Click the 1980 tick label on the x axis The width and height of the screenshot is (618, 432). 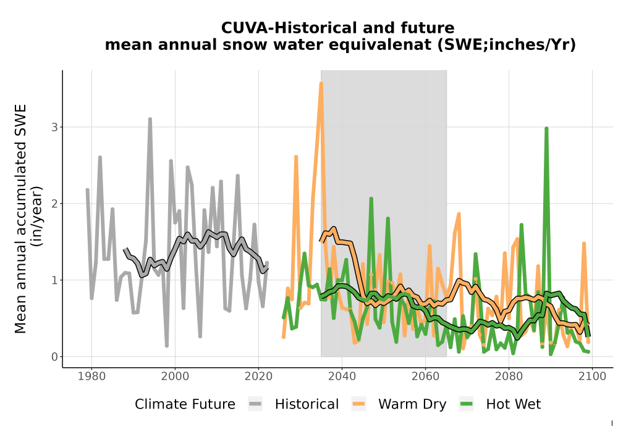[x=91, y=376]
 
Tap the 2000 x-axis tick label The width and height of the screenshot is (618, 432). [x=175, y=376]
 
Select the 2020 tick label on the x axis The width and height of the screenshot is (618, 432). [x=258, y=376]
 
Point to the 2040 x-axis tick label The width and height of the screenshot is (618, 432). [x=342, y=376]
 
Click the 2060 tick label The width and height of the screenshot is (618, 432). [x=425, y=376]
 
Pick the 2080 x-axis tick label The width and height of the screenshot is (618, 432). [x=509, y=376]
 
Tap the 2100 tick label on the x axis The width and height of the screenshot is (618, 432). [x=592, y=376]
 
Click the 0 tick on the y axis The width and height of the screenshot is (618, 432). [x=54, y=357]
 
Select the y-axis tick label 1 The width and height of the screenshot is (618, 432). [x=54, y=280]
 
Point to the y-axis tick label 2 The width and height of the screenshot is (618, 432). [x=54, y=204]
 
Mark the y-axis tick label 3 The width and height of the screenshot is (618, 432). [x=54, y=127]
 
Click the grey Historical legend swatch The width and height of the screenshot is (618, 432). [x=255, y=404]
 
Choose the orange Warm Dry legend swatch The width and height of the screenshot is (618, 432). [x=358, y=404]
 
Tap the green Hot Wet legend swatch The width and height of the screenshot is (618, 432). [x=466, y=404]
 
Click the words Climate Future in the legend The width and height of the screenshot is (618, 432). [x=185, y=404]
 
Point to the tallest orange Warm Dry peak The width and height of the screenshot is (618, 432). [x=321, y=83]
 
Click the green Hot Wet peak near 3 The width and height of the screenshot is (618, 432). [x=546, y=128]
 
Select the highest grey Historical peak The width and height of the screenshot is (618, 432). [x=150, y=119]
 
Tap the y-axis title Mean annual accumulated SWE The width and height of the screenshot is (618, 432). [x=20, y=218]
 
